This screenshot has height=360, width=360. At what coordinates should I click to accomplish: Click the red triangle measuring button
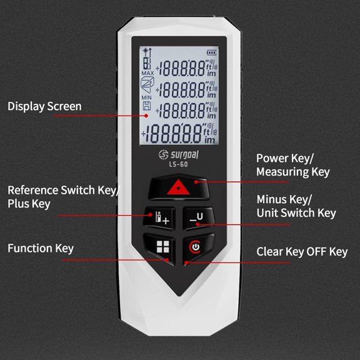[x=179, y=187]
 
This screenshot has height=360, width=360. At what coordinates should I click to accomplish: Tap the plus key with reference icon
[x=159, y=217]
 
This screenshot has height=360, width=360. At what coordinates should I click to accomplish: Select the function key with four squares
[x=162, y=246]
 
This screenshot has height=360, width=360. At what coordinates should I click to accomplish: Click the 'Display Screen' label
[x=44, y=106]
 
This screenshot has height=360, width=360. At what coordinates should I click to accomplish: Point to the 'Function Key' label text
[x=41, y=248]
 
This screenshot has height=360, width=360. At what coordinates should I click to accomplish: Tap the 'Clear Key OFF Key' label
[x=302, y=252]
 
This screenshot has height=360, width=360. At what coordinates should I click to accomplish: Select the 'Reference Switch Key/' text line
[x=62, y=190]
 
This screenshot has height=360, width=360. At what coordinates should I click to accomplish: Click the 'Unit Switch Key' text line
[x=296, y=213]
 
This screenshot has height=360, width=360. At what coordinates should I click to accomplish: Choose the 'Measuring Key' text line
[x=292, y=172]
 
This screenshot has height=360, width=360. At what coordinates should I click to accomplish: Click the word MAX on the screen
[x=147, y=73]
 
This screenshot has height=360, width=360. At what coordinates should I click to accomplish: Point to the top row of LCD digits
[x=184, y=67]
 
